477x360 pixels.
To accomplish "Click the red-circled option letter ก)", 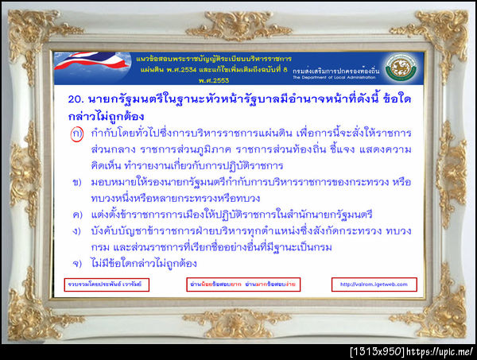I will click(x=76, y=133).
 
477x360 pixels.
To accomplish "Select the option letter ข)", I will click(x=76, y=182).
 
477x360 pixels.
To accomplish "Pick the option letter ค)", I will click(x=76, y=215).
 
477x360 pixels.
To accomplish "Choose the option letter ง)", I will click(x=76, y=231).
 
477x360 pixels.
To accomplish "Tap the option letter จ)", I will click(x=76, y=263).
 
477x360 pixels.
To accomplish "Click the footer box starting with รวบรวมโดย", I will click(x=96, y=284).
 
